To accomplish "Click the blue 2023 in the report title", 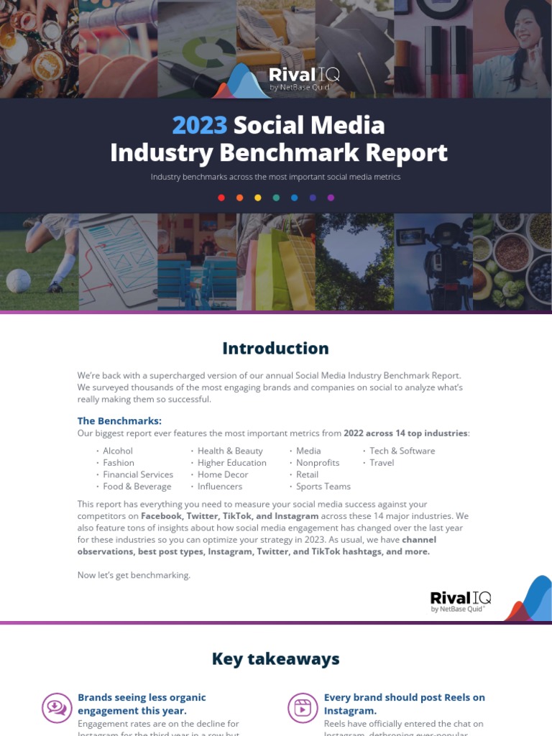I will pyautogui.click(x=200, y=126).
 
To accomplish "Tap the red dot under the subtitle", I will pyautogui.click(x=221, y=198).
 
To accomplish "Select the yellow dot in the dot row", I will pyautogui.click(x=258, y=198).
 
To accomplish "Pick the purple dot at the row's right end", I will pyautogui.click(x=331, y=198).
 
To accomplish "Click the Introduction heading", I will pyautogui.click(x=275, y=349).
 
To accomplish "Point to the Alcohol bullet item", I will pyautogui.click(x=118, y=451).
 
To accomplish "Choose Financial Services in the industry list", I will pyautogui.click(x=137, y=474).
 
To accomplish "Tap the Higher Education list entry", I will pyautogui.click(x=231, y=463).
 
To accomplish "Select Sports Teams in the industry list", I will pyautogui.click(x=323, y=487).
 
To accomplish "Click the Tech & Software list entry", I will pyautogui.click(x=402, y=451).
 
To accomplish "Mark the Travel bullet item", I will pyautogui.click(x=382, y=463).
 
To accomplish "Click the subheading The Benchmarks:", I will pyautogui.click(x=119, y=420).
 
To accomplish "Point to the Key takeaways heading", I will pyautogui.click(x=275, y=659).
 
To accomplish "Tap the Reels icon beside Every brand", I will pyautogui.click(x=303, y=708).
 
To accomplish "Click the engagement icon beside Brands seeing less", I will pyautogui.click(x=56, y=708).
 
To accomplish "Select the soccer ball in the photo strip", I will pyautogui.click(x=19, y=280).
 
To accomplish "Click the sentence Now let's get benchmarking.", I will pyautogui.click(x=134, y=575).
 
